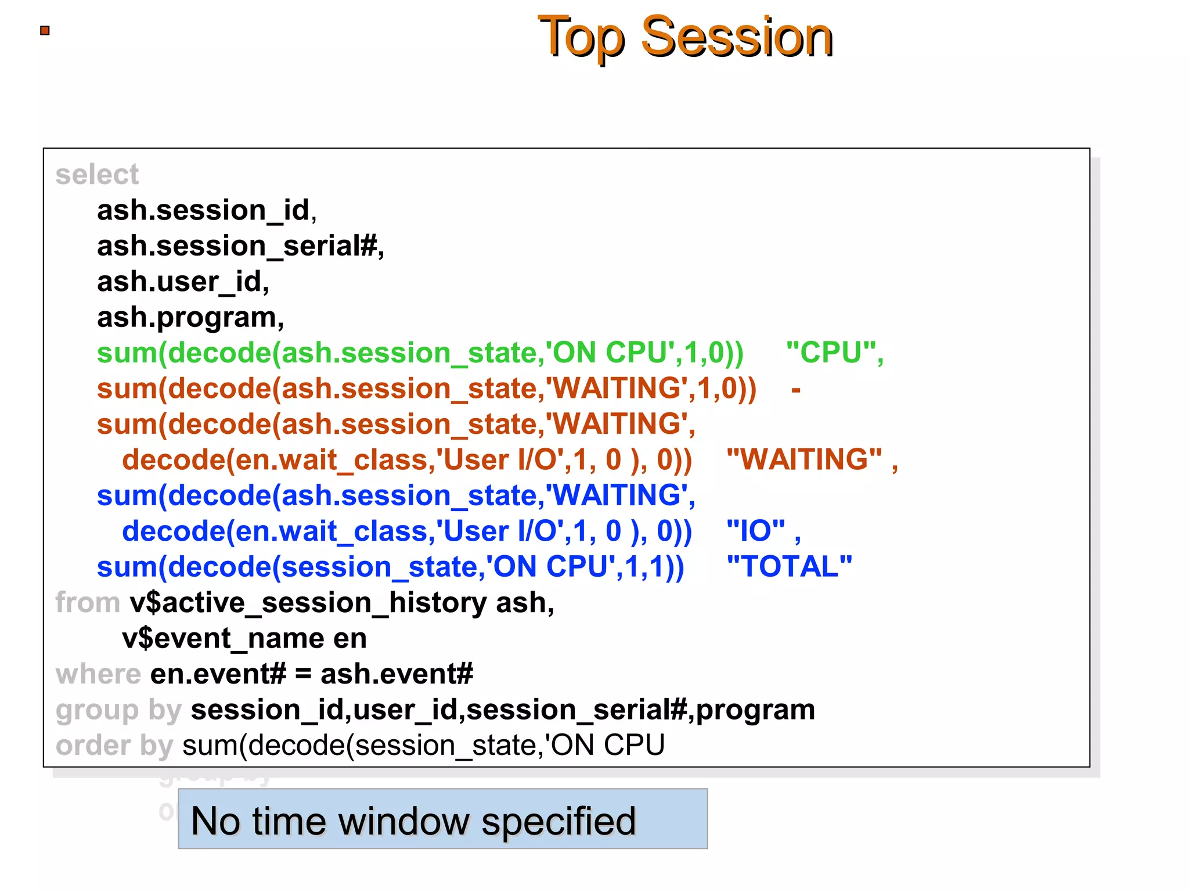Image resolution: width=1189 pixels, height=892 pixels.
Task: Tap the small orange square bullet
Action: point(45,31)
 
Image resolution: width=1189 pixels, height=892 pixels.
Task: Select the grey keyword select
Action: point(97,175)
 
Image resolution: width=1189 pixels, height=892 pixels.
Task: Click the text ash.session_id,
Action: point(207,210)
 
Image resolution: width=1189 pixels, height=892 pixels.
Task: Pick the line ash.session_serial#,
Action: point(240,246)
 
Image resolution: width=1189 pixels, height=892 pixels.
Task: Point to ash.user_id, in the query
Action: point(183,282)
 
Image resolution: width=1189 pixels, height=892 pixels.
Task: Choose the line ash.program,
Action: point(190,318)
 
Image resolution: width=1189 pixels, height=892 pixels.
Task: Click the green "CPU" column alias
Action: point(834,353)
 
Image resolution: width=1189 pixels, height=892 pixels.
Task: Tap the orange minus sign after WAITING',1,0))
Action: point(796,389)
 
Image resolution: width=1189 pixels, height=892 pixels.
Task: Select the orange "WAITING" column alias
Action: point(805,460)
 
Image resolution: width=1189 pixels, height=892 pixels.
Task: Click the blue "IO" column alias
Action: point(756,531)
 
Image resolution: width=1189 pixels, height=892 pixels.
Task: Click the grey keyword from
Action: point(88,603)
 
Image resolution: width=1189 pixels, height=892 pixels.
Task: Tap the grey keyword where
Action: point(98,674)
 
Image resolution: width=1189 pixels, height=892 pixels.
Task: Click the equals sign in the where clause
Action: point(303,675)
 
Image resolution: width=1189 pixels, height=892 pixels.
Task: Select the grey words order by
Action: point(114,746)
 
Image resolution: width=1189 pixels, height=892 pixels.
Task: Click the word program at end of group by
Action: point(755,710)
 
